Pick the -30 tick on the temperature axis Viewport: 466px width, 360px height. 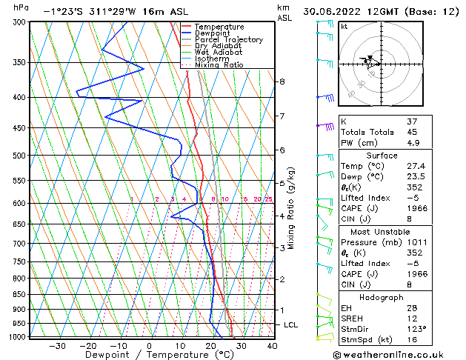pos(58,346)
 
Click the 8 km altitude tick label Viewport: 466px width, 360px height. pos(282,81)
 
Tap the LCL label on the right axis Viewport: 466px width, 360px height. pos(291,325)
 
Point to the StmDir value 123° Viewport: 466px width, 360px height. pos(416,329)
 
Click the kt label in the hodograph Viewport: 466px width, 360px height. pos(344,26)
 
